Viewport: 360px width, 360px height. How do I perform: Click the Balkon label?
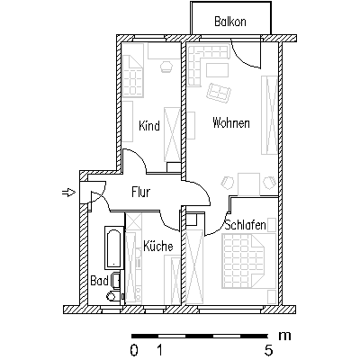tap(230, 22)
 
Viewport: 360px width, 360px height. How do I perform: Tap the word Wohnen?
tap(231, 123)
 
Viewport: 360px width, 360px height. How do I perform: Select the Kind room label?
tap(149, 126)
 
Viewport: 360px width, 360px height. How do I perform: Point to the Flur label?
tap(140, 192)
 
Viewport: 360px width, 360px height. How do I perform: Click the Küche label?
tap(158, 246)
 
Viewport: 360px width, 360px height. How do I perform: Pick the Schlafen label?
tap(245, 225)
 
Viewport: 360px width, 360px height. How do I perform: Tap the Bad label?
tap(99, 281)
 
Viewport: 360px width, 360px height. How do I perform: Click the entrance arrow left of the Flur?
tap(68, 193)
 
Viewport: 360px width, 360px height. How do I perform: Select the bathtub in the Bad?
tap(114, 247)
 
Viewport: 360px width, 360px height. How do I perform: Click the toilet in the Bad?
tap(112, 296)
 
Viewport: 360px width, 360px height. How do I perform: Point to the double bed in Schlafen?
tap(248, 260)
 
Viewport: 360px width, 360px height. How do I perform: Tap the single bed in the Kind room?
tap(132, 76)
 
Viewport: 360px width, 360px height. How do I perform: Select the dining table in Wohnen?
tap(248, 184)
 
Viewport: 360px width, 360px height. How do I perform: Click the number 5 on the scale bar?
tap(268, 350)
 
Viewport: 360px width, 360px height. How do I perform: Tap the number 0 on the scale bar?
tap(134, 350)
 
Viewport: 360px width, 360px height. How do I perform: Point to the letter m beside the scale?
tap(284, 336)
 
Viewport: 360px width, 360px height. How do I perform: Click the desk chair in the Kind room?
tap(166, 67)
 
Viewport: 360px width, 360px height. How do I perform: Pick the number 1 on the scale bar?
tap(160, 350)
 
